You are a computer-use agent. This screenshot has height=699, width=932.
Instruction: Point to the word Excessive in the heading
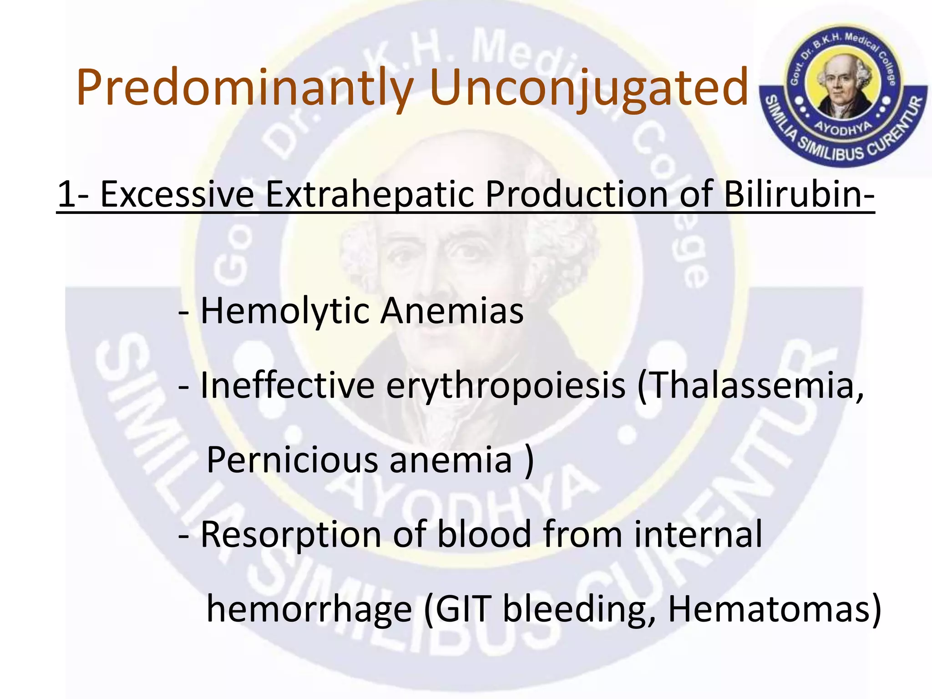click(177, 195)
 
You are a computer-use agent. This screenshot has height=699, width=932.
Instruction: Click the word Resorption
click(291, 536)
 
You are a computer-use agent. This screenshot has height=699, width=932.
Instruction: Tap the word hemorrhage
click(309, 610)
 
